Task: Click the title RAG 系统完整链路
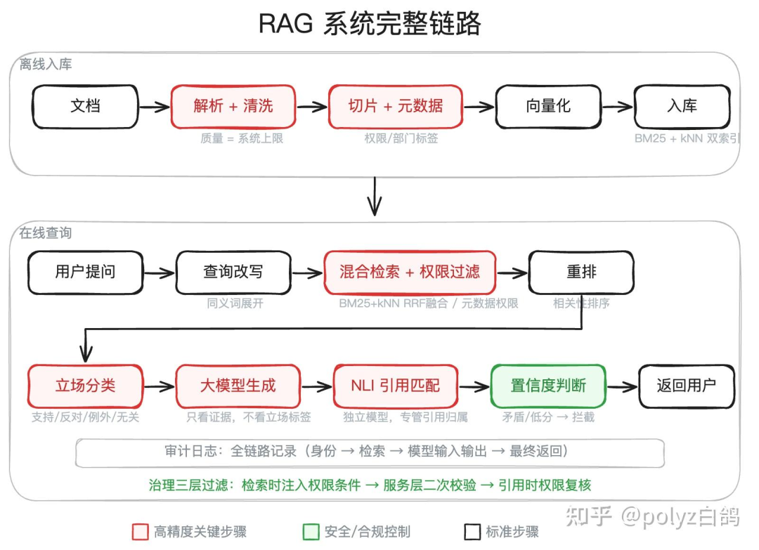pyautogui.click(x=370, y=25)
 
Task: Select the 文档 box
pyautogui.click(x=85, y=107)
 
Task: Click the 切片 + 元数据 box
pyautogui.click(x=396, y=107)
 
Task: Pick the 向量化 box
pyautogui.click(x=548, y=107)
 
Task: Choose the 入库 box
pyautogui.click(x=682, y=107)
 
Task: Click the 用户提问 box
pyautogui.click(x=85, y=272)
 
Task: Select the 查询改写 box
pyautogui.click(x=233, y=272)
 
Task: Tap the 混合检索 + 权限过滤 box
pyautogui.click(x=410, y=272)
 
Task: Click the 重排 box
pyautogui.click(x=581, y=272)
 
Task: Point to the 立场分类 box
pyautogui.click(x=85, y=386)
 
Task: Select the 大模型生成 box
pyautogui.click(x=238, y=386)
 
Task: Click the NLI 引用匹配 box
pyautogui.click(x=396, y=386)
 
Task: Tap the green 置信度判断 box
pyautogui.click(x=548, y=386)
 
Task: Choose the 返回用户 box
pyautogui.click(x=686, y=386)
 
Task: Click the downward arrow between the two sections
pyautogui.click(x=375, y=197)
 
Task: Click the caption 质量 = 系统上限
pyautogui.click(x=242, y=139)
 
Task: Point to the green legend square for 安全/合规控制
pyautogui.click(x=311, y=532)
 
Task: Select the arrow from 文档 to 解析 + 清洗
pyautogui.click(x=154, y=107)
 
